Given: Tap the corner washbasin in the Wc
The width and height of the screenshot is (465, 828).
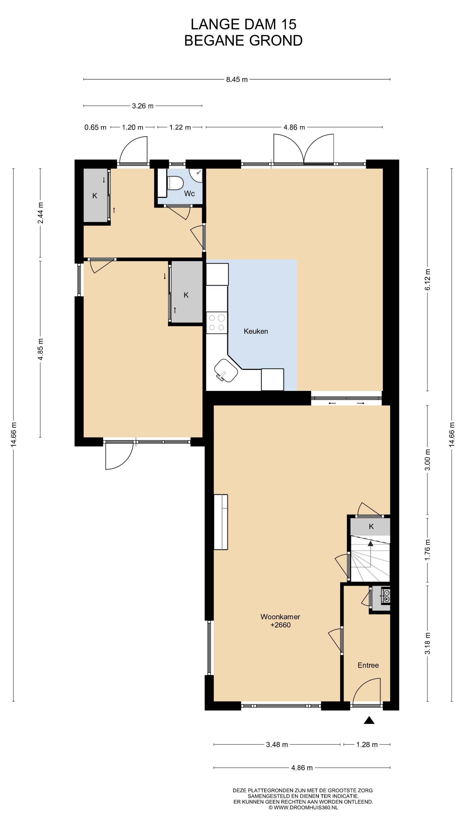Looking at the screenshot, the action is (x=196, y=174).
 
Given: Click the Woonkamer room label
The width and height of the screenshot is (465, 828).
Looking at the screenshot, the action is (x=280, y=616).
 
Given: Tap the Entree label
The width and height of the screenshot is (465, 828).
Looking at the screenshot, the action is (x=368, y=665).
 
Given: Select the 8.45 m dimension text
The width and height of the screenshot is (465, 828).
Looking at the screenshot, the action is (x=237, y=79).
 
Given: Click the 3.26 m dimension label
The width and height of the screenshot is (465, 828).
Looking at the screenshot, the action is (x=143, y=106).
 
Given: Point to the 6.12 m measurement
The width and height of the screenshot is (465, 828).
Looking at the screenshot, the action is (x=428, y=279).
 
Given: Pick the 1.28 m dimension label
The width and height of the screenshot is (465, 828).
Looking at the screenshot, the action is (x=367, y=744).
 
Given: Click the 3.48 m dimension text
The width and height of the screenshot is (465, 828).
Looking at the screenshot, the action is (x=277, y=744).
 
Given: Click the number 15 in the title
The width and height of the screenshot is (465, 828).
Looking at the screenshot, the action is (x=288, y=24).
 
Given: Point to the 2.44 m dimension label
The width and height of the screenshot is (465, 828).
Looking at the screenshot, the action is (x=40, y=213).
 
